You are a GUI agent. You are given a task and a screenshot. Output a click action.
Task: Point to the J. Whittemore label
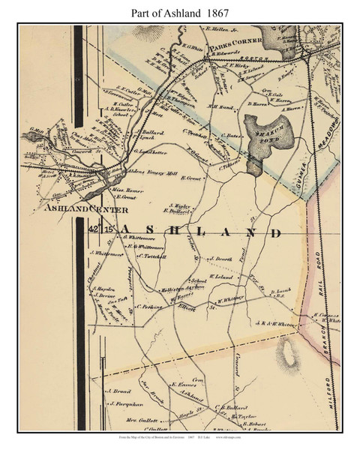tap(107, 253)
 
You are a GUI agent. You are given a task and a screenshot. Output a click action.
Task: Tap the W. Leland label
tap(223, 276)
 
